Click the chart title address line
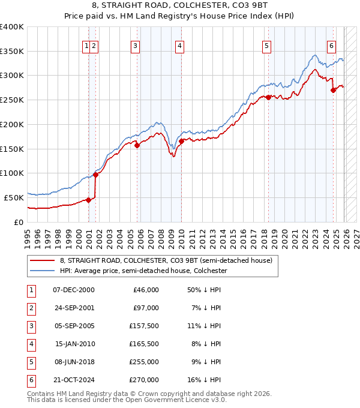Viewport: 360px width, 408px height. click(180, 5)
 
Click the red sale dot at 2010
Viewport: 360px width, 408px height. click(181, 141)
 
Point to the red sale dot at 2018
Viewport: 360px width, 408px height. click(268, 97)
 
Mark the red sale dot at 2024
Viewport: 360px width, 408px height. click(334, 90)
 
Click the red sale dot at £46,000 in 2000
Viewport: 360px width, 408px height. click(89, 200)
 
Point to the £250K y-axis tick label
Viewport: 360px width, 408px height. click(12, 100)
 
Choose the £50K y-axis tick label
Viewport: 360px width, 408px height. click(14, 197)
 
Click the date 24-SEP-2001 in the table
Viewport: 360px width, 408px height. click(73, 307)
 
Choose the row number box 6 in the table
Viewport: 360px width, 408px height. click(29, 379)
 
